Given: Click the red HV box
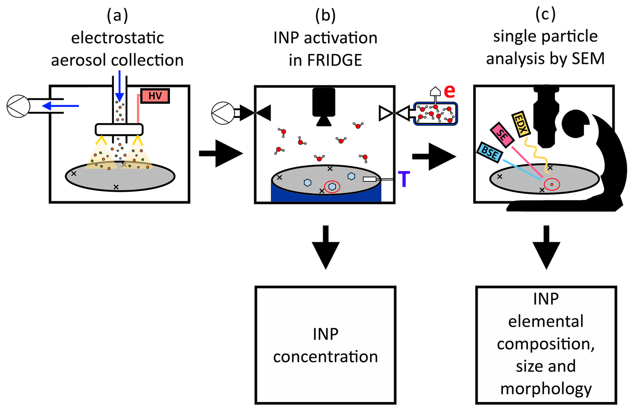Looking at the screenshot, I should pyautogui.click(x=155, y=96).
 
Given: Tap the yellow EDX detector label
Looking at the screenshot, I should pyautogui.click(x=520, y=124).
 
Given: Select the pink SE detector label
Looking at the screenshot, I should pyautogui.click(x=502, y=135).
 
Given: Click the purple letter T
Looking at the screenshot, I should pyautogui.click(x=404, y=179).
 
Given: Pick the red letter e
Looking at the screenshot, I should pyautogui.click(x=449, y=91).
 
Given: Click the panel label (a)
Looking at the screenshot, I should pyautogui.click(x=117, y=15).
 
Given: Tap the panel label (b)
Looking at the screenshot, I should pyautogui.click(x=325, y=15).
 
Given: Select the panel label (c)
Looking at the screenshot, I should pyautogui.click(x=545, y=14).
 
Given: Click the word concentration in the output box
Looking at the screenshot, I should pyautogui.click(x=325, y=357).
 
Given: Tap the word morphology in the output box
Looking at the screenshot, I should pyautogui.click(x=546, y=389).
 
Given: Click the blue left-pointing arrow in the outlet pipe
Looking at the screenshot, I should pyautogui.click(x=60, y=106).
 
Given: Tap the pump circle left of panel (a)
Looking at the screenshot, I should pyautogui.click(x=18, y=106).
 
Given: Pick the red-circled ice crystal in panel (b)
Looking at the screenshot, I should pyautogui.click(x=332, y=186).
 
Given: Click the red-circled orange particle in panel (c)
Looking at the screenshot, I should pyautogui.click(x=552, y=184).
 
